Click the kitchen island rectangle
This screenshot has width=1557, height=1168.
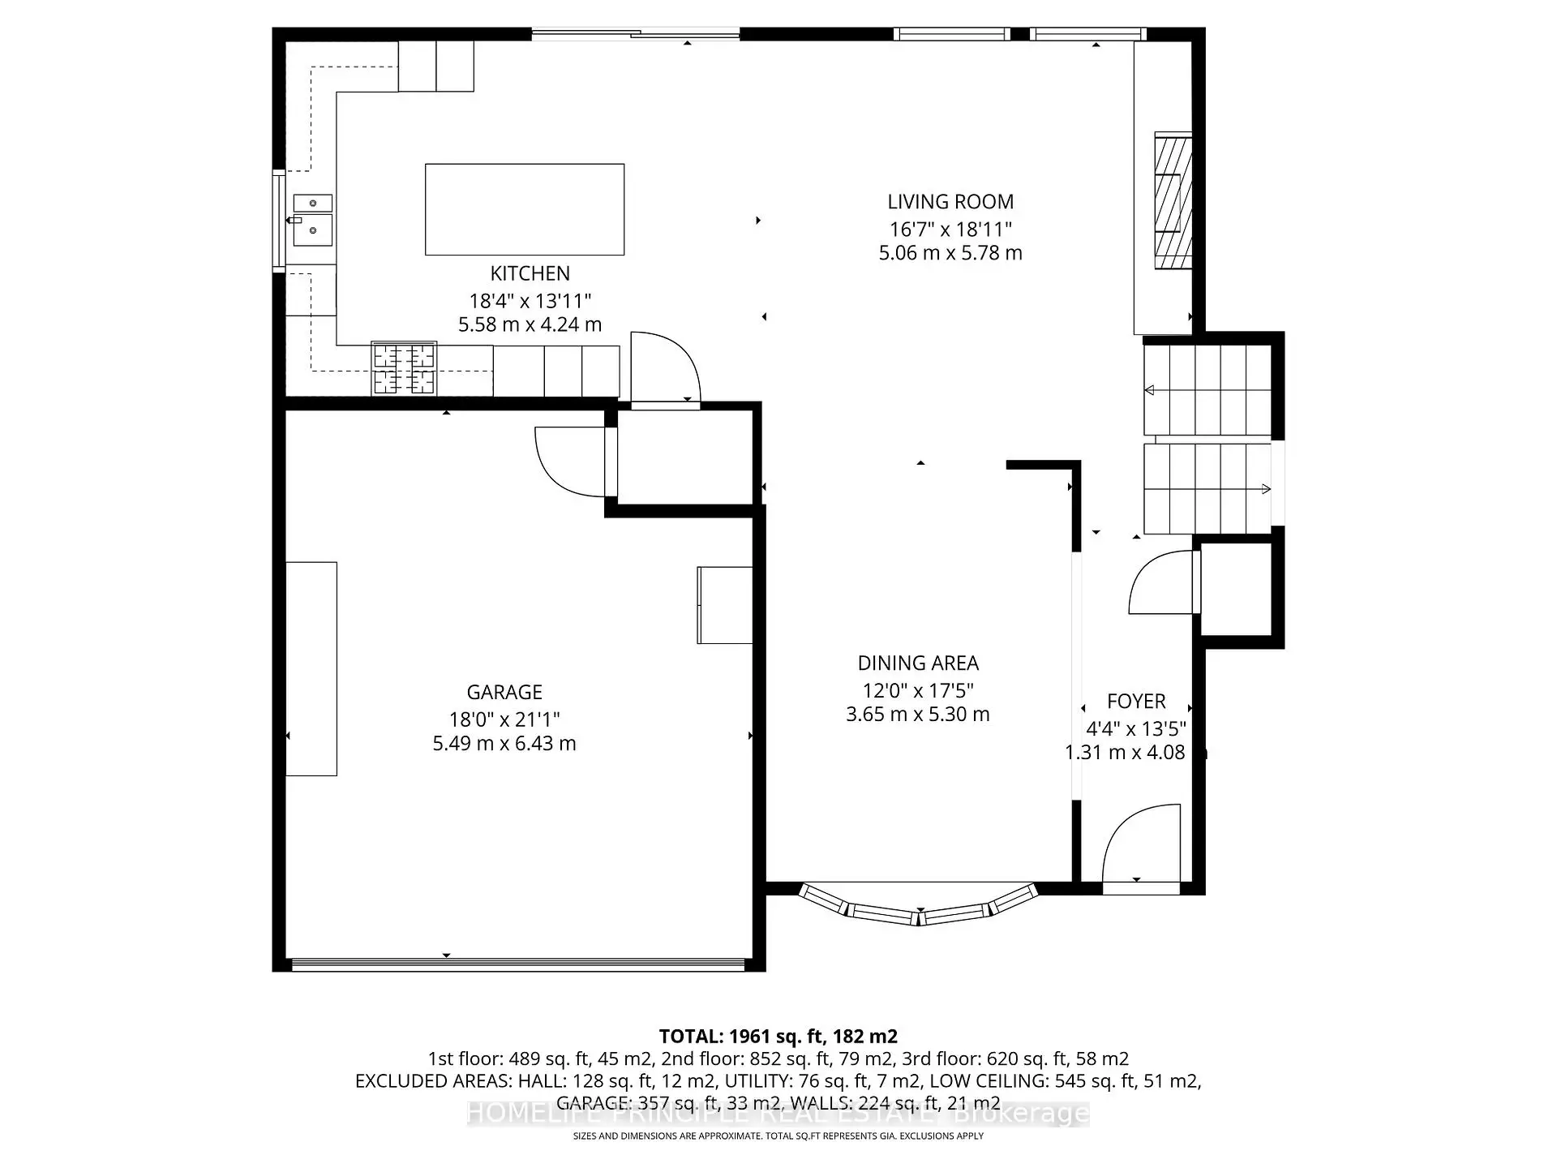(x=525, y=209)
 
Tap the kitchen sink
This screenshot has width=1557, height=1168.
(x=312, y=220)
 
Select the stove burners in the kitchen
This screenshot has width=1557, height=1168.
(x=404, y=369)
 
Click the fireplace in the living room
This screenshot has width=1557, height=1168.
(x=1173, y=200)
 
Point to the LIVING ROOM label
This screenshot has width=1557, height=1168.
(x=950, y=202)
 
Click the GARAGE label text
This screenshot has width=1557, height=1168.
(x=504, y=692)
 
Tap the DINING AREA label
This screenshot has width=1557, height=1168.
(x=918, y=663)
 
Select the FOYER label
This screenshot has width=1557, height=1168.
(x=1136, y=702)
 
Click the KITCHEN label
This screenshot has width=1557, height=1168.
(x=530, y=273)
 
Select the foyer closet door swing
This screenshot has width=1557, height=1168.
(x=1162, y=582)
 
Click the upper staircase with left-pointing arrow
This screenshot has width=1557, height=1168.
(x=1207, y=390)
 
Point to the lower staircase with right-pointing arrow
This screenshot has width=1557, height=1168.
(x=1207, y=488)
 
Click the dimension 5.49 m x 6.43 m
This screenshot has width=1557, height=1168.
(x=504, y=744)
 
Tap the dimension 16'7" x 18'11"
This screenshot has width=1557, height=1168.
(x=950, y=230)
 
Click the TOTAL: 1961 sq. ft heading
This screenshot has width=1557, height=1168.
(x=778, y=1036)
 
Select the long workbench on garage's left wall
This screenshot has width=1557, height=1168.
(x=311, y=668)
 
